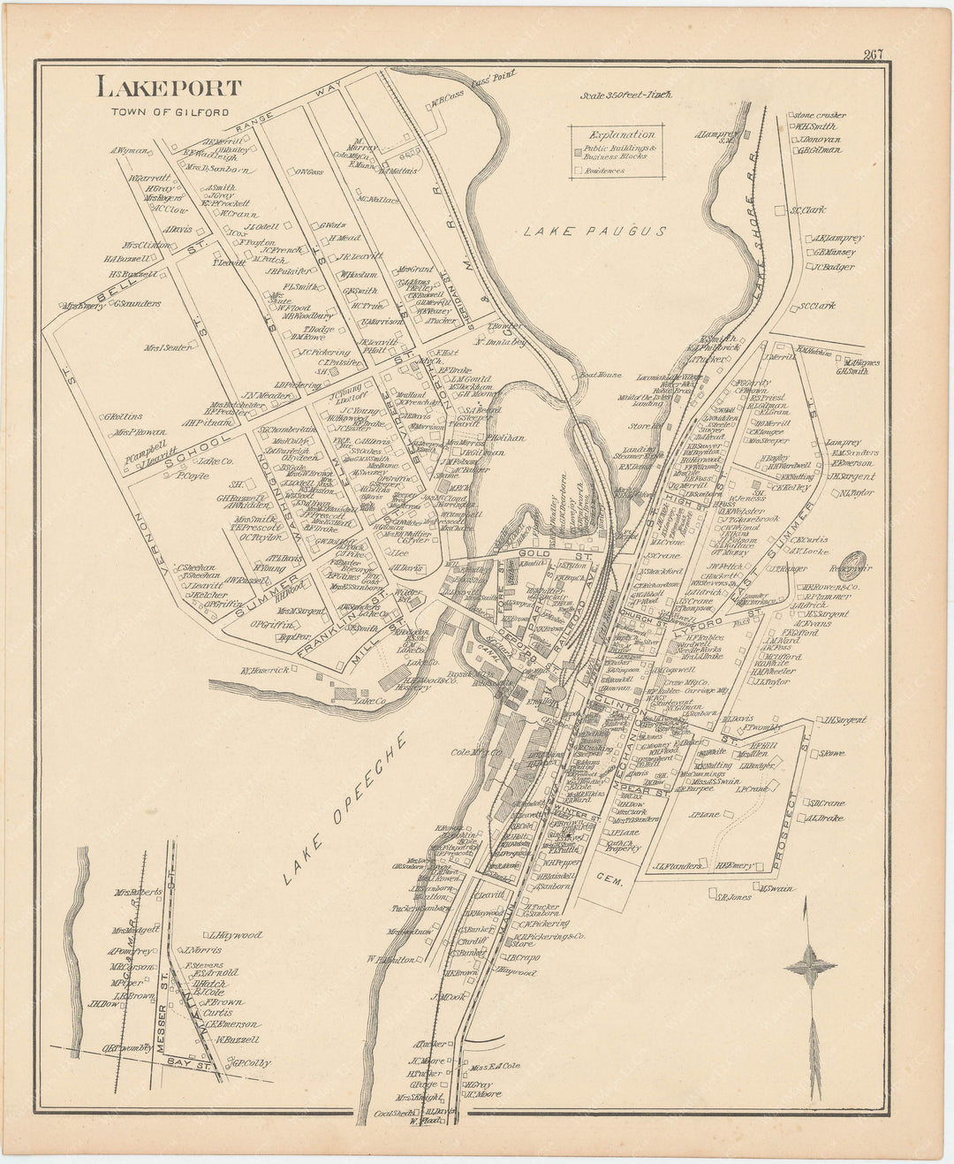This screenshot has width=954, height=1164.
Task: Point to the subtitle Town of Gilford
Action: pos(170,112)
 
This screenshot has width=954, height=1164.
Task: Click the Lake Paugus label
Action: pos(593,232)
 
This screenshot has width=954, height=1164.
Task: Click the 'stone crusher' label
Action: pos(819,115)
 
